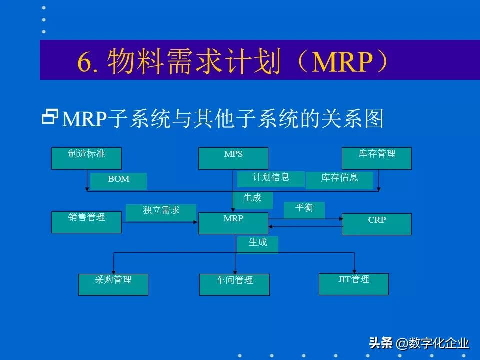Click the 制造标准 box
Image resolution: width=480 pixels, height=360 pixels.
coord(86,158)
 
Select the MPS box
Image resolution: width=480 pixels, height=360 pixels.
coord(233,158)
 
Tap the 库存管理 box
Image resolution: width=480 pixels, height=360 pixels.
coord(376,158)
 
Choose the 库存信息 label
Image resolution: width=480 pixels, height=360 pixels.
coord(339,180)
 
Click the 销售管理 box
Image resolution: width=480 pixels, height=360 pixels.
coord(86,222)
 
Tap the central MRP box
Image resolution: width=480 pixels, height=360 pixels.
coord(233,223)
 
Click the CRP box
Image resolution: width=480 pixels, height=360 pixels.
coord(376,224)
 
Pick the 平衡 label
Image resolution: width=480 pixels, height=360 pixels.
coord(304,210)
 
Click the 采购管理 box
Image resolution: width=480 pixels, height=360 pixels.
coord(113,284)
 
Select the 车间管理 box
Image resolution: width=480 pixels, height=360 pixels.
coord(234,284)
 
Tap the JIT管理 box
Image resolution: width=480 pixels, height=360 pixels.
coord(353,284)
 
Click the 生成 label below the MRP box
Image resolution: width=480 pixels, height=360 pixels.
coord(257,244)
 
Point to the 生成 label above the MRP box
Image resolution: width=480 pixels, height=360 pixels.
coord(252,200)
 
